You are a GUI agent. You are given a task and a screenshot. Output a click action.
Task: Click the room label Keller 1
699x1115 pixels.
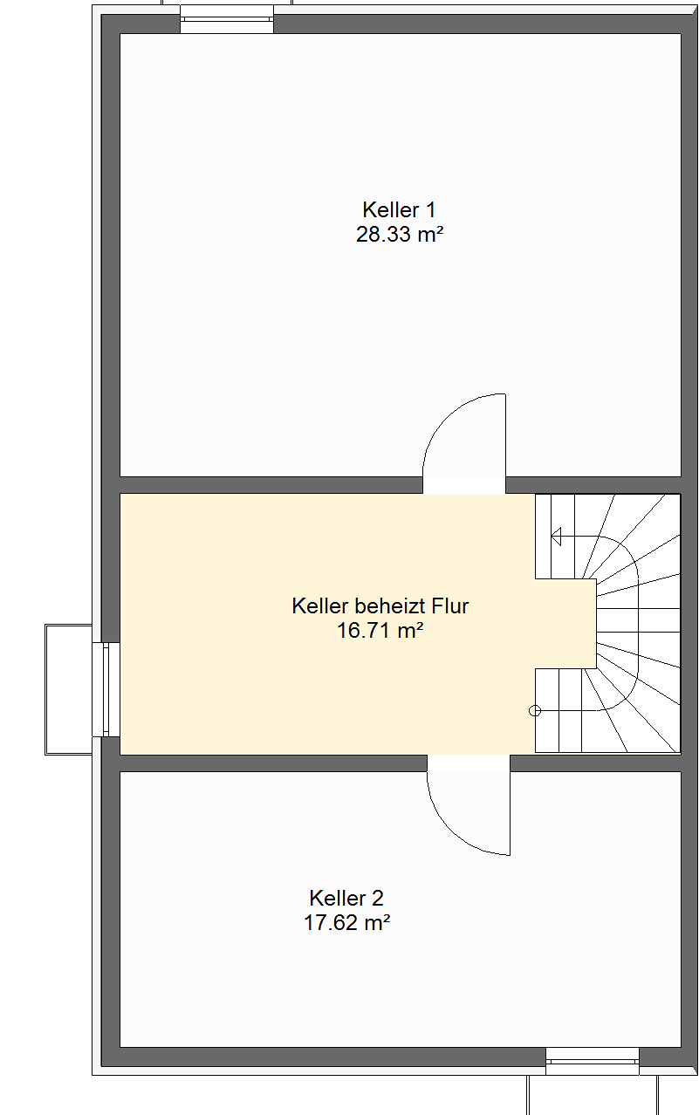(x=399, y=210)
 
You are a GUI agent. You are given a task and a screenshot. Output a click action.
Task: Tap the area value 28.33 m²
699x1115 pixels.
(x=400, y=234)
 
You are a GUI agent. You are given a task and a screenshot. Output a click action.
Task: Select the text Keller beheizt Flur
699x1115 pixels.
(x=380, y=606)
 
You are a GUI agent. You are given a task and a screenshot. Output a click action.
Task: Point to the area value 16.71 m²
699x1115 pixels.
(x=380, y=630)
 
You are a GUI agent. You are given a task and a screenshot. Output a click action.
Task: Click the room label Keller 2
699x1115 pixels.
(x=346, y=899)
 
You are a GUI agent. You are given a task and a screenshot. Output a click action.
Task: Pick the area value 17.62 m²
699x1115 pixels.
(x=346, y=922)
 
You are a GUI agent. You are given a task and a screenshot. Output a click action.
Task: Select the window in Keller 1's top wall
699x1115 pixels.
(x=227, y=19)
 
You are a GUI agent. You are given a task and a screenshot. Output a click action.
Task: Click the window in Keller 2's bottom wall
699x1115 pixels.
(x=593, y=1061)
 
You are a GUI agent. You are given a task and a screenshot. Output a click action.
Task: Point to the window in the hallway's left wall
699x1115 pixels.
(x=106, y=689)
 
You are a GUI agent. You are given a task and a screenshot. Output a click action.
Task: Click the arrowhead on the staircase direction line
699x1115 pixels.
(x=556, y=537)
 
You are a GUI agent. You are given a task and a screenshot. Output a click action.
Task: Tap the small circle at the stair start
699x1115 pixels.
(x=535, y=711)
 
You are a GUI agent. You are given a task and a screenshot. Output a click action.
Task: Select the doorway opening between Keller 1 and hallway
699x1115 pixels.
(x=464, y=485)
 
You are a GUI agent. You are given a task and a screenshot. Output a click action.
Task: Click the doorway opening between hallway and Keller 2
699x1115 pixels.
(x=469, y=763)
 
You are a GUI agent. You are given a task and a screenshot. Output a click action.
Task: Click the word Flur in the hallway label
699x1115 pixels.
(x=450, y=606)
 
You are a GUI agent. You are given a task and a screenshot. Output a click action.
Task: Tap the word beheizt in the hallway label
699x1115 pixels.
(x=390, y=606)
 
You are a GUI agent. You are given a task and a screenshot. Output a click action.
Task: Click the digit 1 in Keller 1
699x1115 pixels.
(x=430, y=210)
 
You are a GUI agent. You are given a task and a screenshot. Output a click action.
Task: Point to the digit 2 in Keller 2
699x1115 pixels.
(x=377, y=899)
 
